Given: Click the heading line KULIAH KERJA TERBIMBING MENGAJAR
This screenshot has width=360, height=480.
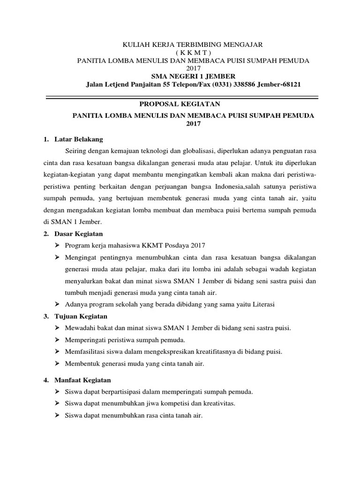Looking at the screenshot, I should coord(193,45).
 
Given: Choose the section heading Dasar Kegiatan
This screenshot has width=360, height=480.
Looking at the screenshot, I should coord(82,233).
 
